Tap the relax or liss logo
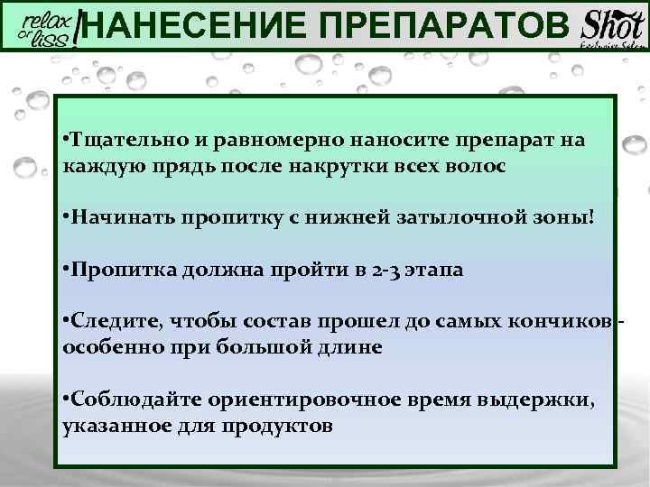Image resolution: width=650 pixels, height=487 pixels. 46,26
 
